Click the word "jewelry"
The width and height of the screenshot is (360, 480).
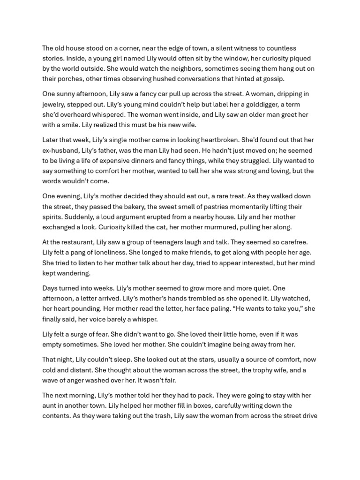point(54,105)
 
